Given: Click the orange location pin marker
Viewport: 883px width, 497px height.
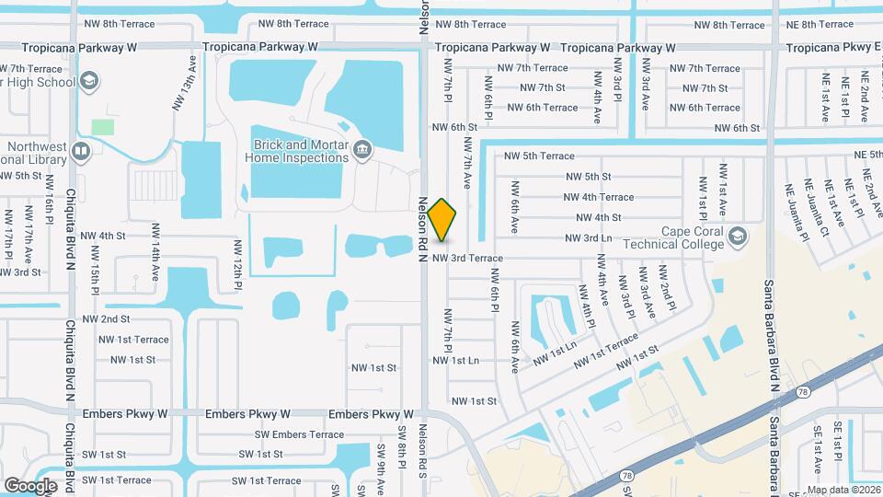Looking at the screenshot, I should click(x=442, y=219).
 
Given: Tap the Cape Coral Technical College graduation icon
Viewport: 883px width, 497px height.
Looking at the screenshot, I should click(x=738, y=237).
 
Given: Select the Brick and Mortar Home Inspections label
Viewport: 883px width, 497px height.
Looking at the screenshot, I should click(x=296, y=151).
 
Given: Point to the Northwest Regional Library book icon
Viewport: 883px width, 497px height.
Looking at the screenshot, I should click(x=81, y=151).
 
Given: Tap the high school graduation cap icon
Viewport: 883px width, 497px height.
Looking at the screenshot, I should click(x=88, y=82).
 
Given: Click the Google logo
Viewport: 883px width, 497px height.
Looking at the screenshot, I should click(x=30, y=485).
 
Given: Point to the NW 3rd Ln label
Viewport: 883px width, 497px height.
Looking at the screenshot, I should click(x=588, y=238).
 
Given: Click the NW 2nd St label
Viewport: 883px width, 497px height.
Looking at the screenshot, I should click(x=106, y=318).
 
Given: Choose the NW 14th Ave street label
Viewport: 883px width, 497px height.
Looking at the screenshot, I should click(x=155, y=261).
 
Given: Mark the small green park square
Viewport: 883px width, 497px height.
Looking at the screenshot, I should click(x=103, y=126).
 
